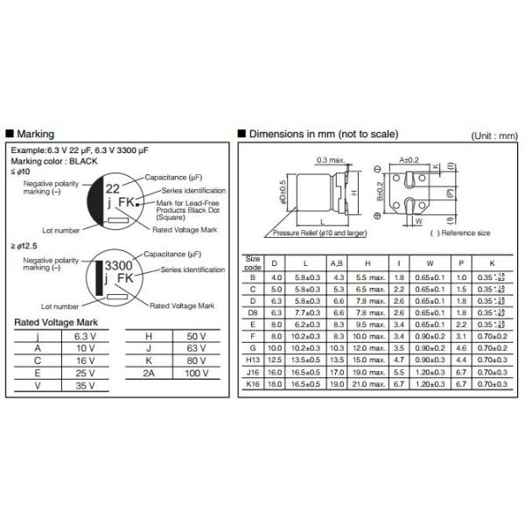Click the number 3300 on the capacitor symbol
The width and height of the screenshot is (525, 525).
coord(119,265)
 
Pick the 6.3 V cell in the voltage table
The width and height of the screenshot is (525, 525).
coord(84,336)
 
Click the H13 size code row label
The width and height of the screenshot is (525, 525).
coord(254,359)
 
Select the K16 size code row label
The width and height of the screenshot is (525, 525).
coord(254,382)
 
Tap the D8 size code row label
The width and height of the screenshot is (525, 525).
coord(254,311)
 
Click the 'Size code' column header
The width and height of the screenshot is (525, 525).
coord(254,262)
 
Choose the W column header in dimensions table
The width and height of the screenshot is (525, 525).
coord(430,262)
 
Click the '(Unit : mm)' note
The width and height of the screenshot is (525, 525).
coord(494,136)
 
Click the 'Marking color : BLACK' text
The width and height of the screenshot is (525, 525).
coord(54,161)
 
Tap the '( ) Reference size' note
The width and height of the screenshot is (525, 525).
coord(460,234)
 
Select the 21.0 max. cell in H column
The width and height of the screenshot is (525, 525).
coord(367,382)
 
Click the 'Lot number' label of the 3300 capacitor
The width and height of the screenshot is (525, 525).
coord(60,307)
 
